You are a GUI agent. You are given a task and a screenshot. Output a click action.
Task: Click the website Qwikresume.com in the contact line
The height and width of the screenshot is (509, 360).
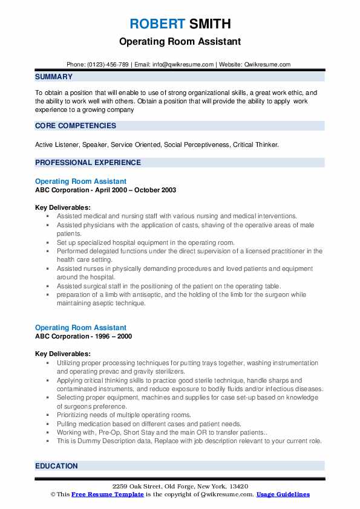pyautogui.click(x=268, y=64)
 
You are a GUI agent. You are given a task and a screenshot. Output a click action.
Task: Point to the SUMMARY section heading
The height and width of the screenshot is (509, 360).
pyautogui.click(x=54, y=77)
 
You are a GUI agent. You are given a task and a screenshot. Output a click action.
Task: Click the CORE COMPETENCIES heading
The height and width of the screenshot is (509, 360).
pyautogui.click(x=76, y=126)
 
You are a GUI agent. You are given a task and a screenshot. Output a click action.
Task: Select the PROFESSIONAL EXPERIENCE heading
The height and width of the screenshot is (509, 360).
pyautogui.click(x=88, y=162)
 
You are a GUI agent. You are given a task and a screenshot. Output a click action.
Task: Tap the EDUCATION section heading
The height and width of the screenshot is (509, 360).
pyautogui.click(x=56, y=466)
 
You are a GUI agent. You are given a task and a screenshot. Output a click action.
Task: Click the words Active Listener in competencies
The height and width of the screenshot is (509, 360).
pyautogui.click(x=59, y=144)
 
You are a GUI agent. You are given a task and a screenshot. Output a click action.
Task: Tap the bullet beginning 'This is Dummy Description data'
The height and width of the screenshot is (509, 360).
pyautogui.click(x=189, y=441)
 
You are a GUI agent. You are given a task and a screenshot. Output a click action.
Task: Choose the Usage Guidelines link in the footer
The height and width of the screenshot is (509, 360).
pyautogui.click(x=283, y=494)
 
